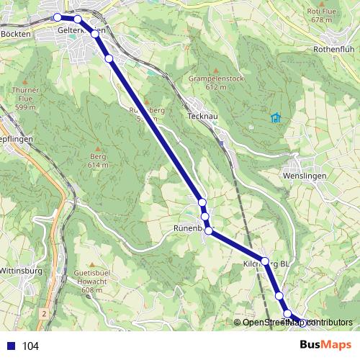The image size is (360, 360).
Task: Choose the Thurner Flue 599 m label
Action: click(25, 99)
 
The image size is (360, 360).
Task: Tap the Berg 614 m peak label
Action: click(99, 160)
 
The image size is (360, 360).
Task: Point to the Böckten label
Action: click(16, 34)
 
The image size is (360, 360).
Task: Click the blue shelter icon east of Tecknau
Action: click(274, 117)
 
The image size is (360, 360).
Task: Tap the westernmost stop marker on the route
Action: click(58, 17)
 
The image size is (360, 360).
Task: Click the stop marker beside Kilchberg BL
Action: click(264, 261)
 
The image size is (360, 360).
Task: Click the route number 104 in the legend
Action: click(30, 346)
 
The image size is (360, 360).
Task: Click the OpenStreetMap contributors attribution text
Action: click(297, 323)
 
